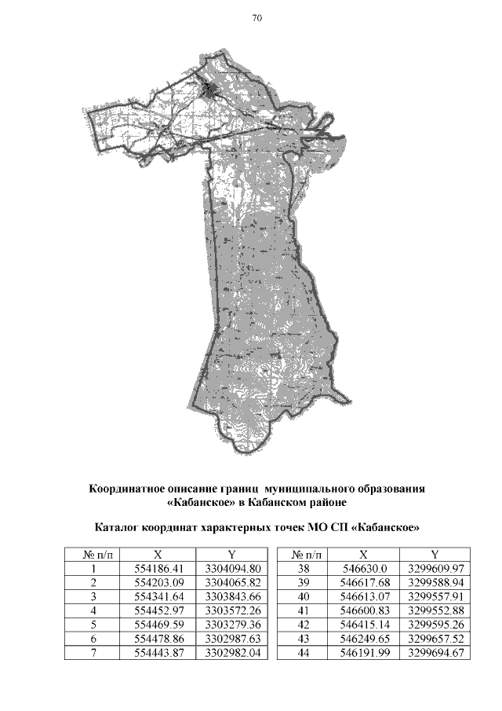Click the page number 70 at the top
(x=256, y=19)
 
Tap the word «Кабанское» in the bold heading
(x=201, y=501)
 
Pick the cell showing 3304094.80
(x=231, y=569)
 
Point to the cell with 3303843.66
(x=231, y=597)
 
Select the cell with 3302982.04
(x=231, y=653)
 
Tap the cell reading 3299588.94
(x=435, y=583)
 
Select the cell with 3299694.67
(x=435, y=653)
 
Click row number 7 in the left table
(x=93, y=653)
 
